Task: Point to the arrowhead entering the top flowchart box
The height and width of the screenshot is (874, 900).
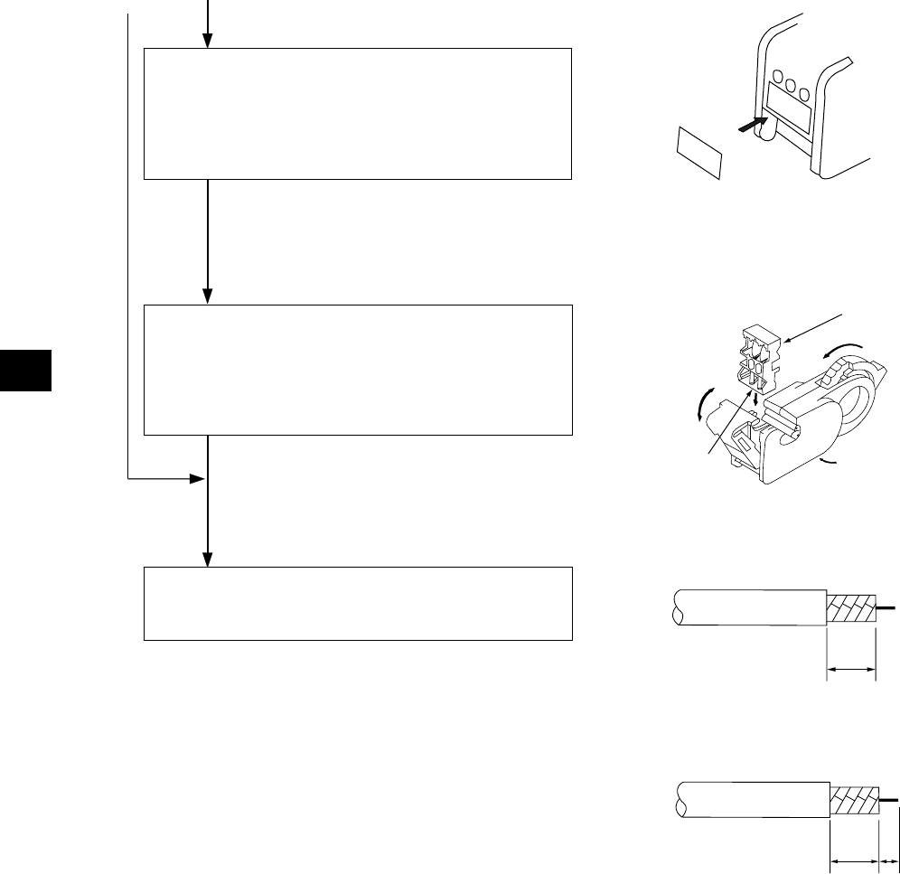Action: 207,41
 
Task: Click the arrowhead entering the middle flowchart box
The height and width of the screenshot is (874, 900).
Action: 207,297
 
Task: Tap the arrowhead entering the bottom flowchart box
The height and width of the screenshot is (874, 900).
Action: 207,559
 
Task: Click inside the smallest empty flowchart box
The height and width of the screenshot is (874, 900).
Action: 358,604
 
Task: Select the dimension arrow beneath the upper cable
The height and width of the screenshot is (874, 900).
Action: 851,670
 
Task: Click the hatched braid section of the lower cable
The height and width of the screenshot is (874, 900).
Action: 855,799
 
